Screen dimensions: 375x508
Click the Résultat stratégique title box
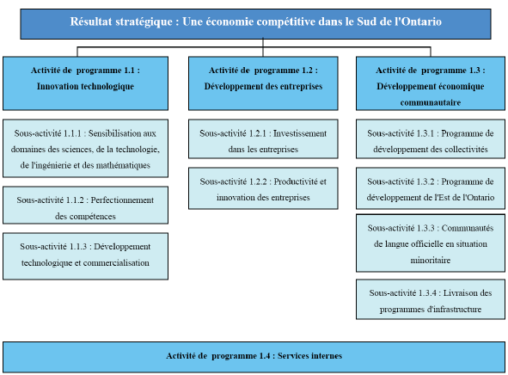click(255, 21)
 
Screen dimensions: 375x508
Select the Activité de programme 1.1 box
click(85, 79)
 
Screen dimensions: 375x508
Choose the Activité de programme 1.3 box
click(431, 83)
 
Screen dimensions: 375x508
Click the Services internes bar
click(254, 356)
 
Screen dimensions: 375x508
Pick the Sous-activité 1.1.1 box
click(85, 149)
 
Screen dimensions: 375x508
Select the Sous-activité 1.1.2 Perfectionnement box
click(85, 207)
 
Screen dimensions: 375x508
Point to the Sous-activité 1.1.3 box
click(85, 255)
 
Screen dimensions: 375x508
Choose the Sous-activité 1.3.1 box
click(431, 140)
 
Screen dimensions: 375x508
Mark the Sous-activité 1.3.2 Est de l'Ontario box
click(431, 188)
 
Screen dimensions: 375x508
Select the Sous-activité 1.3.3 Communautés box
click(431, 243)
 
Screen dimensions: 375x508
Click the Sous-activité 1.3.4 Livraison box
click(431, 301)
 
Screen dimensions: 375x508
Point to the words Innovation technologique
click(84, 87)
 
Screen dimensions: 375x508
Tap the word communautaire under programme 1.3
click(431, 101)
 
